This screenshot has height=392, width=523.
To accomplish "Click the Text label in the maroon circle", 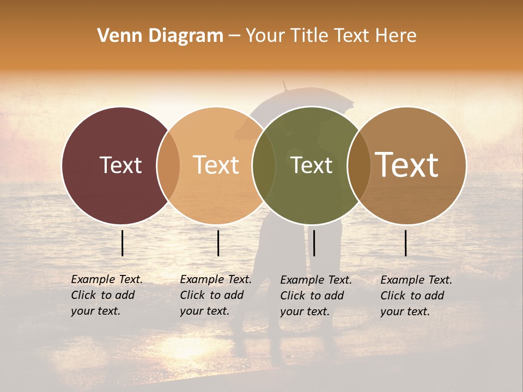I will (120, 165).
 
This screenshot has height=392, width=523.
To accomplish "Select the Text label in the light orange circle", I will (216, 165).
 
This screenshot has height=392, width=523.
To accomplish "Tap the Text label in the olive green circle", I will (312, 165).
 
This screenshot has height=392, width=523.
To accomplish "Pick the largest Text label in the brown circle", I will (407, 165).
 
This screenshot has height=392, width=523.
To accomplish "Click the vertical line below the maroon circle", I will (123, 243).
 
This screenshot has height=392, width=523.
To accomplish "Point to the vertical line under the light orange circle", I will (218, 243).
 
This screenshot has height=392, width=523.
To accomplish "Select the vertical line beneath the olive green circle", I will (314, 243).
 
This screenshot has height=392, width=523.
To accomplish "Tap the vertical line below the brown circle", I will (406, 243).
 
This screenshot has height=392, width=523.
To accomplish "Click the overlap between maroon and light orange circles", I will (168, 166).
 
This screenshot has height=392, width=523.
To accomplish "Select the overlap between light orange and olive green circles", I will (264, 166).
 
